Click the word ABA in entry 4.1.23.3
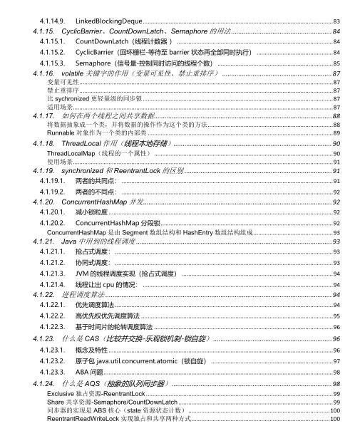pos(83,373)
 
